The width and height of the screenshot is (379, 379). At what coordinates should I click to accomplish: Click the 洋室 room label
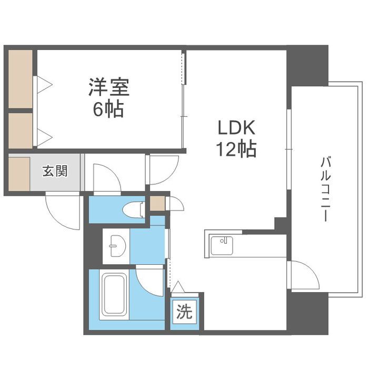click(109, 87)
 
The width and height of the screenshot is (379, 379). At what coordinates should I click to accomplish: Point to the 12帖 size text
click(235, 150)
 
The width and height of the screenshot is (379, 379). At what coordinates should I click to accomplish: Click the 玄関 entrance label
click(55, 171)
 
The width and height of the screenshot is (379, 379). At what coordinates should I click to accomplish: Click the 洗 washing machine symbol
click(184, 313)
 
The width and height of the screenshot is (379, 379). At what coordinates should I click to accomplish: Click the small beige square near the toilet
click(157, 203)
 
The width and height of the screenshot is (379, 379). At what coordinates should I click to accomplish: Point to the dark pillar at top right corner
click(307, 65)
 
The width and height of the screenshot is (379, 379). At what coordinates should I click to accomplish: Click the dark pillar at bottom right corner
click(307, 313)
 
